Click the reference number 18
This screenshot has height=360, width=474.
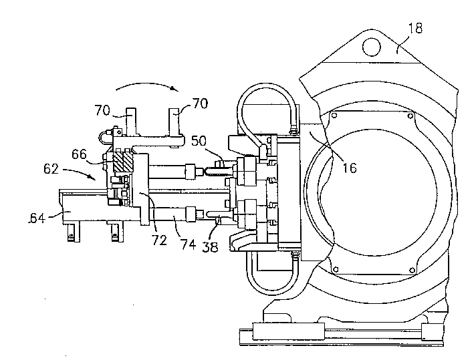[415, 28]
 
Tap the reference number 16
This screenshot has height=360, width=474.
[350, 168]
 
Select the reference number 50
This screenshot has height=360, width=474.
[199, 141]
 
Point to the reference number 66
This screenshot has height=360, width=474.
[79, 154]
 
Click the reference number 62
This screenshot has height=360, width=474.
[51, 168]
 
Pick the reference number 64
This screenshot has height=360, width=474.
[37, 218]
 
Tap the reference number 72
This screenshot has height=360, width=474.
[159, 240]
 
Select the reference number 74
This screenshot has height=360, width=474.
[188, 244]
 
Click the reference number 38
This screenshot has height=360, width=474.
[210, 247]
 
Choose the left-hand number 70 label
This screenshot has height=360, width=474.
[102, 110]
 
